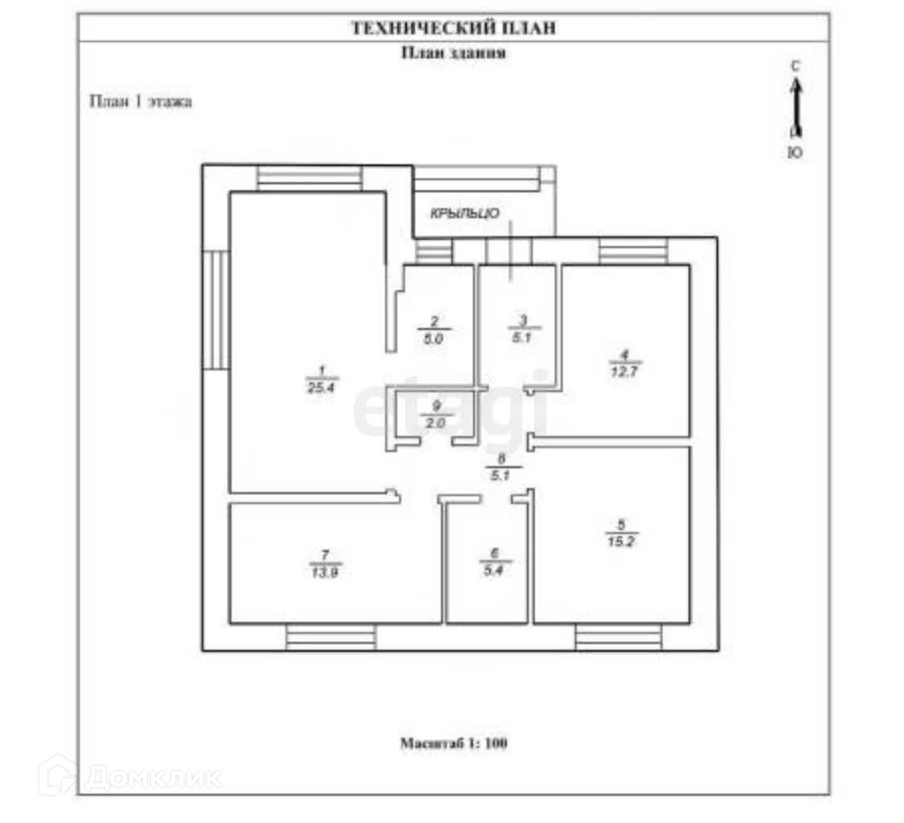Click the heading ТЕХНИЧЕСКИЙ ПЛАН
coord(453,28)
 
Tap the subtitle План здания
coord(453,53)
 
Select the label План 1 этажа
coord(140,102)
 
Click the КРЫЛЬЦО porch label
coord(465,214)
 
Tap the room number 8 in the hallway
coord(503,459)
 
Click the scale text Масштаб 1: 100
coord(453,743)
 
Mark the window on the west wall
coord(215,309)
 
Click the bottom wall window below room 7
coord(331,638)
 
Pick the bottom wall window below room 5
coord(618,638)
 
